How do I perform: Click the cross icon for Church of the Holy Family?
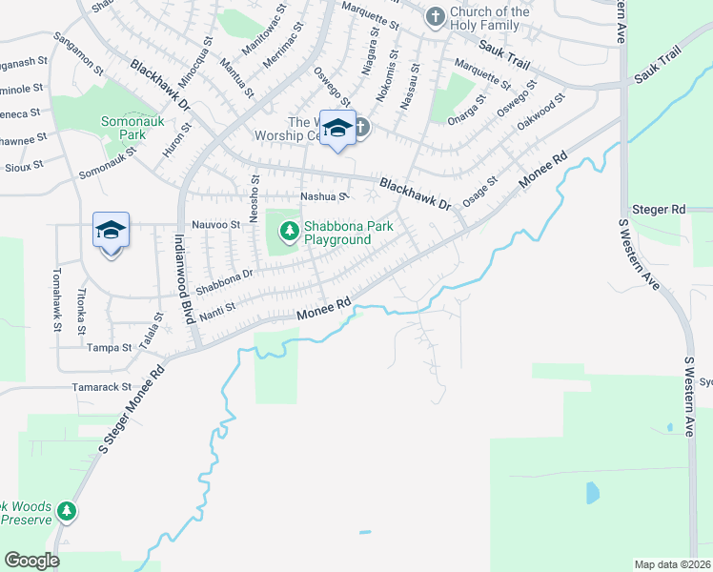click(x=435, y=16)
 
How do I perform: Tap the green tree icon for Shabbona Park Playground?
click(x=289, y=230)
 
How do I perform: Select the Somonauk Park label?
click(x=130, y=130)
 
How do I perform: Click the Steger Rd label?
click(x=659, y=209)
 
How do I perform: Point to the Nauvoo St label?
click(x=215, y=225)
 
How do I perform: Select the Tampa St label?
click(x=109, y=348)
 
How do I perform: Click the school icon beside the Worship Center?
click(x=337, y=128)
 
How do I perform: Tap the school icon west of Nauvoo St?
click(x=111, y=231)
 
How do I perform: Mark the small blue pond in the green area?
click(x=592, y=492)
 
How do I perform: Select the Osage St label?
click(x=479, y=191)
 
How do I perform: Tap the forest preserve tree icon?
click(x=66, y=512)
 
